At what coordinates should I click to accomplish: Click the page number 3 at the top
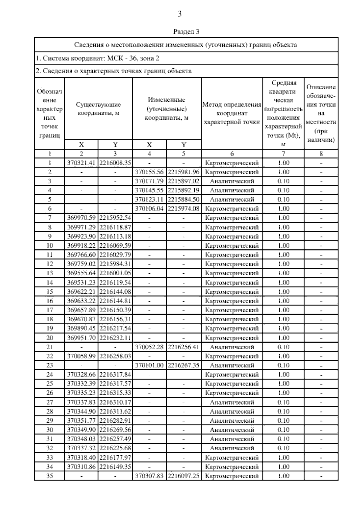click(180, 14)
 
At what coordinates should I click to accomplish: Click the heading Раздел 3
click(186, 31)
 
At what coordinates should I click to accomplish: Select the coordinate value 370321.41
click(81, 163)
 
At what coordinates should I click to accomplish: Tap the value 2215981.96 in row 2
click(184, 172)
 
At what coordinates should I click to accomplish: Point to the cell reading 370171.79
click(149, 181)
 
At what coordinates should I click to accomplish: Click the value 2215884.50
click(184, 200)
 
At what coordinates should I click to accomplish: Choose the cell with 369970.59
click(81, 218)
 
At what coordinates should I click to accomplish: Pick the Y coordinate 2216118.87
click(115, 227)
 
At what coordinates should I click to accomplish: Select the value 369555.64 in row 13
click(81, 273)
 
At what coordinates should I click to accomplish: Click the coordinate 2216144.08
click(115, 292)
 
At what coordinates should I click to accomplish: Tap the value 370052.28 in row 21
click(149, 347)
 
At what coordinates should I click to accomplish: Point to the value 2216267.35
click(184, 365)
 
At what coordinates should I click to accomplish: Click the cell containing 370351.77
click(81, 421)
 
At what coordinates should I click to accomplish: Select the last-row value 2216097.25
click(184, 476)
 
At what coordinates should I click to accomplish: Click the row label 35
click(49, 476)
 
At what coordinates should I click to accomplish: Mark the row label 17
click(49, 310)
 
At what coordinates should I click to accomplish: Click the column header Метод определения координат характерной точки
click(232, 113)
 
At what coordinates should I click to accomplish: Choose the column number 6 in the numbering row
click(232, 154)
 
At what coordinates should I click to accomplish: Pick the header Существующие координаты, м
click(98, 109)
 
